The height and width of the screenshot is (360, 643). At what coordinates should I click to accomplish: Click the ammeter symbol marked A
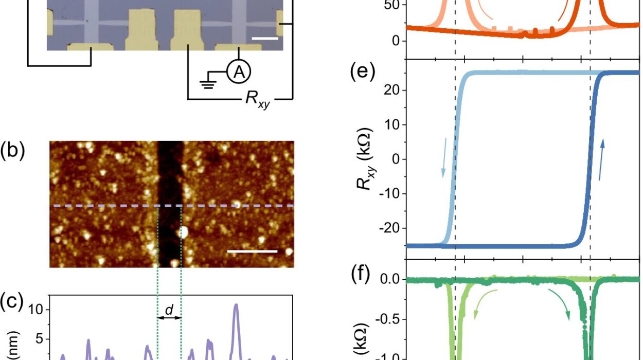(239, 74)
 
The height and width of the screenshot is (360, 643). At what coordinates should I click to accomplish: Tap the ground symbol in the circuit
(208, 82)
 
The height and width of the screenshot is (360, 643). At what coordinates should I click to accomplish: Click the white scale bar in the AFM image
(252, 251)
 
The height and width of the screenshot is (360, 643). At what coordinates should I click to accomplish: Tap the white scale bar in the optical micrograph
(265, 38)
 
